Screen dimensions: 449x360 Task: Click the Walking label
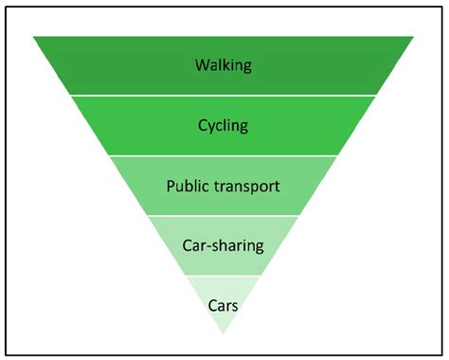(224, 65)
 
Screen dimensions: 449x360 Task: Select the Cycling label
(224, 125)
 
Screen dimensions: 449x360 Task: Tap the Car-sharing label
(223, 245)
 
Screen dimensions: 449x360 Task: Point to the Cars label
(223, 304)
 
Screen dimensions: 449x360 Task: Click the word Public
(189, 186)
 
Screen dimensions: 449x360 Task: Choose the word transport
(248, 186)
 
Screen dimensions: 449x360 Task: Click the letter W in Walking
(202, 65)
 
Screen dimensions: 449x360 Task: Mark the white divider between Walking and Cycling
(224, 95)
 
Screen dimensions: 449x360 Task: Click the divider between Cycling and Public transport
(224, 155)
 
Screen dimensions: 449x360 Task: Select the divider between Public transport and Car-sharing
(224, 215)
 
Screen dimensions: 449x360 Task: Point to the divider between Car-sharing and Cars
(224, 276)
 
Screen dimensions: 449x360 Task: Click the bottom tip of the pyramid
(224, 334)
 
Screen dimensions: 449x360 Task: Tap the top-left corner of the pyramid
(33, 36)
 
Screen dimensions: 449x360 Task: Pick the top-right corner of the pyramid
(414, 36)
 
